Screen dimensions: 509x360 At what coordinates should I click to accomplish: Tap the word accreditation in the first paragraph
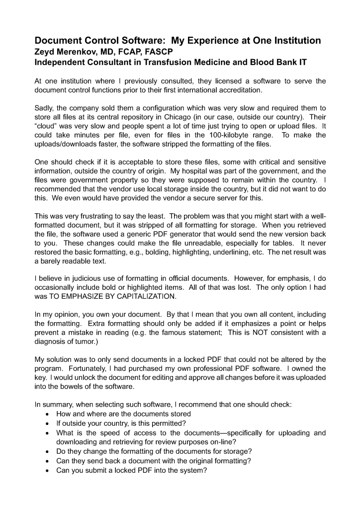(x=238, y=90)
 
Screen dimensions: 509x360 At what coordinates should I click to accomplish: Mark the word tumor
(x=89, y=341)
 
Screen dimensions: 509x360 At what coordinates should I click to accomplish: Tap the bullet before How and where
(x=47, y=414)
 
